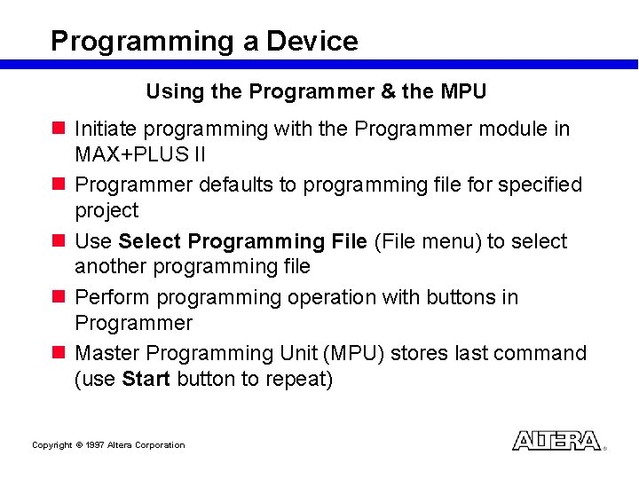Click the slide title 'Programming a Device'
(204, 41)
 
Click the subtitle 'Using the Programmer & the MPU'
(316, 91)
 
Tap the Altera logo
(556, 441)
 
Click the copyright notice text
(108, 445)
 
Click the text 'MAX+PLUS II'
(140, 154)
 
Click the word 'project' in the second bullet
(106, 211)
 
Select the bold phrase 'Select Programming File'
(242, 242)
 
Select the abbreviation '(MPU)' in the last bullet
(355, 354)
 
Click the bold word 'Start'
(146, 379)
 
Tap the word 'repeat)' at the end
(301, 380)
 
